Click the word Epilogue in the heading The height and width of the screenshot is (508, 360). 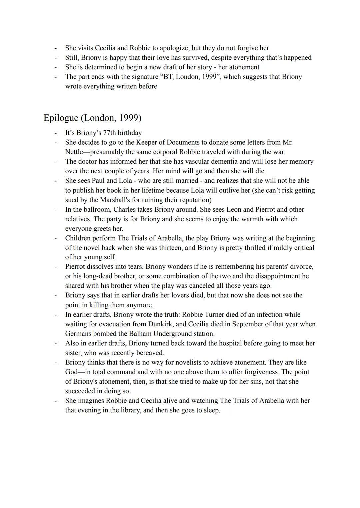(x=61, y=118)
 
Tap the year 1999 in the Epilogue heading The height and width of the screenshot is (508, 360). (x=129, y=118)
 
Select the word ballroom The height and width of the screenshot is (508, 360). (x=96, y=210)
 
